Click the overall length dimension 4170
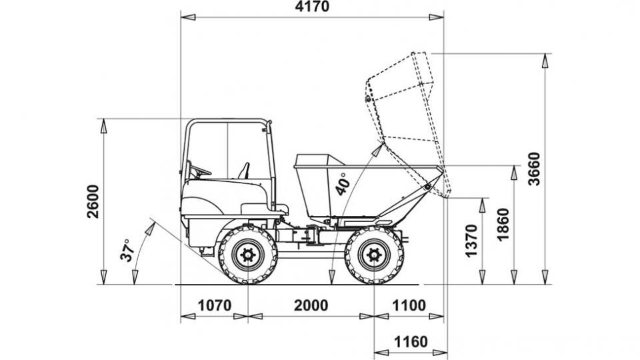point(312,7)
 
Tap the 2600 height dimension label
point(93,201)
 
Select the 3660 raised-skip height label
point(534,169)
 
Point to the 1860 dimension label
point(504,225)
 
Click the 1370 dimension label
point(471,241)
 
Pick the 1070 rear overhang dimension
point(215,305)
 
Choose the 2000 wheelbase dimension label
point(311,305)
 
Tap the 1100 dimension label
point(409,305)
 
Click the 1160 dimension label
point(411,341)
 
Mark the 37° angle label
point(127,250)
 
